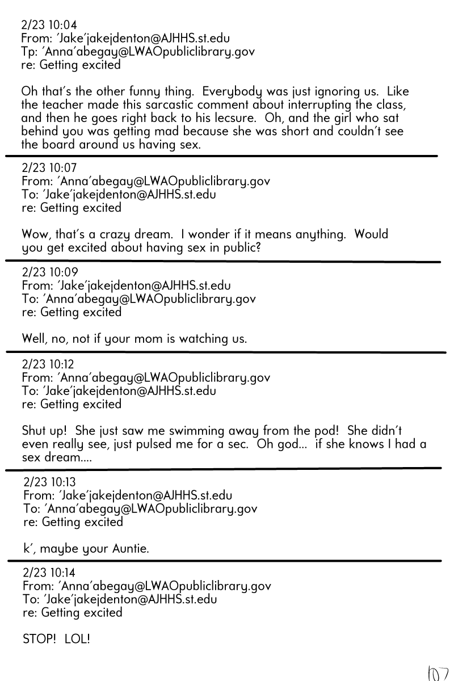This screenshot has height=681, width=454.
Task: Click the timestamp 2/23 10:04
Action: tap(49, 25)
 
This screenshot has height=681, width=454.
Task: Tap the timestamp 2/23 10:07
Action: tap(49, 168)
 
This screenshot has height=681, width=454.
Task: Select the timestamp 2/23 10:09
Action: tap(49, 272)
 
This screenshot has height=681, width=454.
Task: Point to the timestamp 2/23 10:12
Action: tap(49, 364)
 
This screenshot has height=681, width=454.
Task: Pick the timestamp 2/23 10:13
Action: tap(50, 482)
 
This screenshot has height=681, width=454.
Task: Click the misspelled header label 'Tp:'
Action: tap(29, 52)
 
